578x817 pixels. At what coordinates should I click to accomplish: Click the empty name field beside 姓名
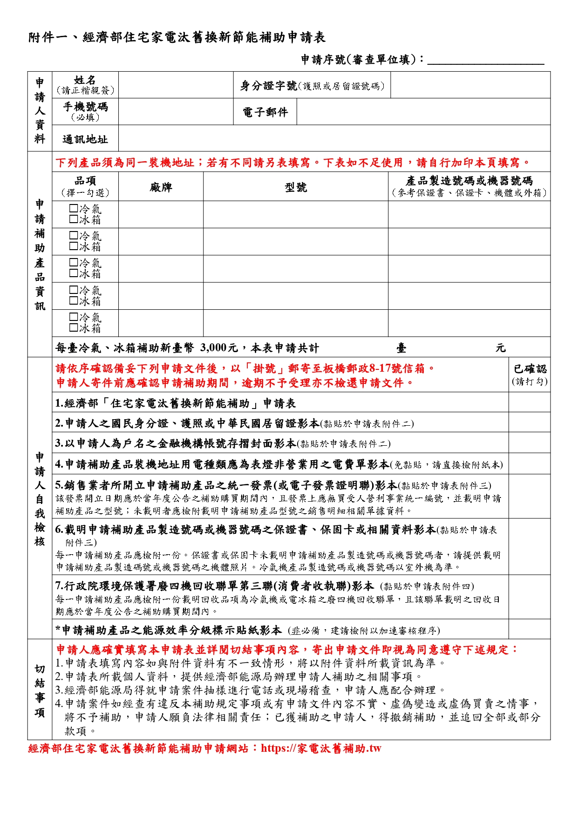coord(176,85)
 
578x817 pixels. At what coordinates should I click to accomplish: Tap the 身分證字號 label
coord(268,86)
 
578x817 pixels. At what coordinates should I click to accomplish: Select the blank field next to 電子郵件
coord(423,112)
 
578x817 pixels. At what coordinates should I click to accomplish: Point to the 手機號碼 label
coord(85,107)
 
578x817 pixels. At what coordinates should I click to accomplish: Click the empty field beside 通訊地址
coord(334,138)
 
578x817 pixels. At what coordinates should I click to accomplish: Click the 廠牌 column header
coord(161,187)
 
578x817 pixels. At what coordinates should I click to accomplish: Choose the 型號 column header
coord(296,187)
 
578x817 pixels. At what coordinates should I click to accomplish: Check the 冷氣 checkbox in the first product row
coord(74,209)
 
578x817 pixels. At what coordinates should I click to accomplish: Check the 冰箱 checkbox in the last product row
coord(74,327)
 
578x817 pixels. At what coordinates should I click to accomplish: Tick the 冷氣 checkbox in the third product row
coord(74,263)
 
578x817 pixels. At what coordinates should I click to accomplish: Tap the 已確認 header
coord(530,369)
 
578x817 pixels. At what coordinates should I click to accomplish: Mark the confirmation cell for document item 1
coord(529,403)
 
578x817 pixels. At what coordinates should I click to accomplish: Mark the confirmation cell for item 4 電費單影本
coord(529,464)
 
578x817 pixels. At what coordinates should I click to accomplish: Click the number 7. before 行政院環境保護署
coord(59,586)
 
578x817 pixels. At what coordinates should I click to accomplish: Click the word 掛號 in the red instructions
coord(263,368)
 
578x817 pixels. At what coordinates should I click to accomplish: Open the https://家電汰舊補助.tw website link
coord(321,749)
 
